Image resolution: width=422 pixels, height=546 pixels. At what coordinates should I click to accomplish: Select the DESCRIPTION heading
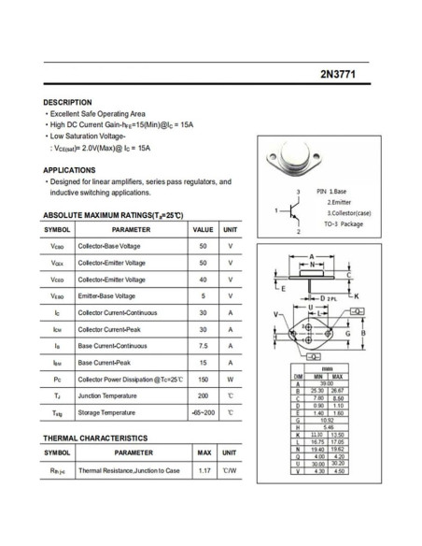(68, 102)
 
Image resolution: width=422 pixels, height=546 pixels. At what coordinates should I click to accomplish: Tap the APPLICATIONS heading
(69, 170)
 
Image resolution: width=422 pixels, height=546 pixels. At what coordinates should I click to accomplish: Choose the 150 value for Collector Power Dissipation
(203, 380)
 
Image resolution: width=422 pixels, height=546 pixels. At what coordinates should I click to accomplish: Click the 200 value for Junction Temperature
(203, 395)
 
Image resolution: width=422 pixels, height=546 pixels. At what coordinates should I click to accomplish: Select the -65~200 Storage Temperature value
(203, 412)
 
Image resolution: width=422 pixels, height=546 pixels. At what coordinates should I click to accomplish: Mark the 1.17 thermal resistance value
(204, 470)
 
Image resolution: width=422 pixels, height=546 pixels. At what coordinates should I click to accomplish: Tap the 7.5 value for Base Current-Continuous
(203, 345)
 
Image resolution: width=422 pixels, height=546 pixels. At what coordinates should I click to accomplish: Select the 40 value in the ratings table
(203, 280)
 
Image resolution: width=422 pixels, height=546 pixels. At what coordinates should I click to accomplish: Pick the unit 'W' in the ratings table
(230, 380)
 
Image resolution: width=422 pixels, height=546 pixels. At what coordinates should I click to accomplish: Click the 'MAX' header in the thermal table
(204, 453)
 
